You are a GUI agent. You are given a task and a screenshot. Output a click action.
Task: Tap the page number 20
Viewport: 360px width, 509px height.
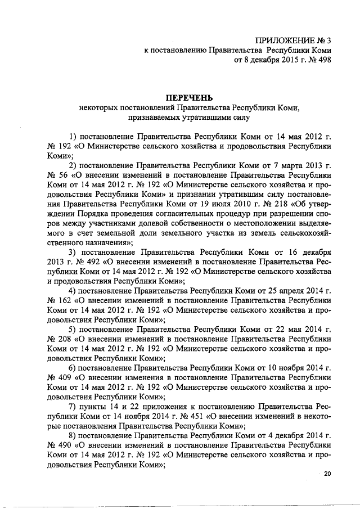328,474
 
